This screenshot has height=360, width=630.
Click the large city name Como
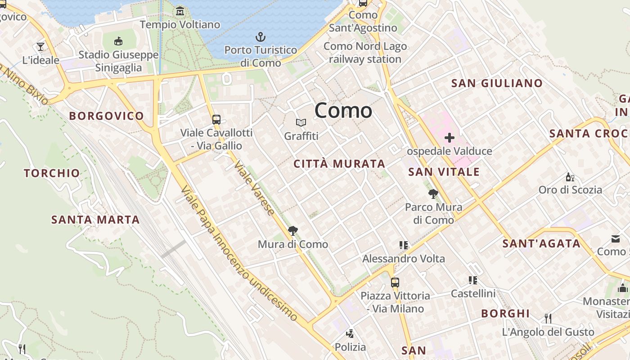[343, 111]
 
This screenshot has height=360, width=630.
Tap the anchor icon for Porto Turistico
[260, 36]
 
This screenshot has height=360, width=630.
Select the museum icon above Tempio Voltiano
[180, 11]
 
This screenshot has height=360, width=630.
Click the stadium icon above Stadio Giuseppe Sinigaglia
[118, 41]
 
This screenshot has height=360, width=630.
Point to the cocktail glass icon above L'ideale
[40, 46]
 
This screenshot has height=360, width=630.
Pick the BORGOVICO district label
[106, 116]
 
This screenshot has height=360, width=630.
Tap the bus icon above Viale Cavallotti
[216, 120]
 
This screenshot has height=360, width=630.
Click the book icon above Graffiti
[301, 122]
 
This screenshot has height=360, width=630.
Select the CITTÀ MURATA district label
[339, 164]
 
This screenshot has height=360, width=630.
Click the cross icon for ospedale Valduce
[449, 138]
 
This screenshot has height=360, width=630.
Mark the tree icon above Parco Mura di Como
[433, 194]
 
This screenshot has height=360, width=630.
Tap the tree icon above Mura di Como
[293, 231]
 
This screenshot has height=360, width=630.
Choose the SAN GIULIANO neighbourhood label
[497, 83]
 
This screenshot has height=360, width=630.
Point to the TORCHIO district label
[52, 173]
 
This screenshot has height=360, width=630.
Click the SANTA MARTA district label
[95, 220]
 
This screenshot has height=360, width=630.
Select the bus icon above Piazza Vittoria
[395, 283]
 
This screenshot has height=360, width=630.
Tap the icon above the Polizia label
[350, 334]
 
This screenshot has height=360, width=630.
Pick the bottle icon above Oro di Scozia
[570, 177]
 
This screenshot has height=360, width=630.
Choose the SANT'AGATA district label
[541, 244]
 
